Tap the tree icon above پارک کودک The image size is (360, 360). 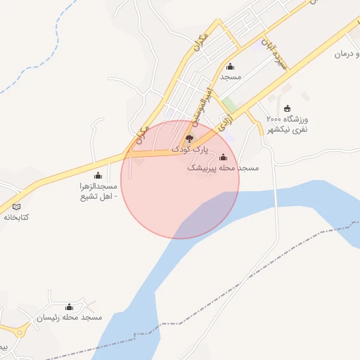188,139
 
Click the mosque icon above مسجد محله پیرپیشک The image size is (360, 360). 224,157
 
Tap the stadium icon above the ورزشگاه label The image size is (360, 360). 287,108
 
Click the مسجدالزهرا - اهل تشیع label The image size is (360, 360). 98,191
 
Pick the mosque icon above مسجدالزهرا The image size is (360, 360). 97,174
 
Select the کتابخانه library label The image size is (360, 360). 16,217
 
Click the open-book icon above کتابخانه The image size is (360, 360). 17,206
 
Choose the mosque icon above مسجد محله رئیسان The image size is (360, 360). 69,307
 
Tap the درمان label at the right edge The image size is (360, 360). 346,53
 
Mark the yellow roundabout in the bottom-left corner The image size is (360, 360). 20,330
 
